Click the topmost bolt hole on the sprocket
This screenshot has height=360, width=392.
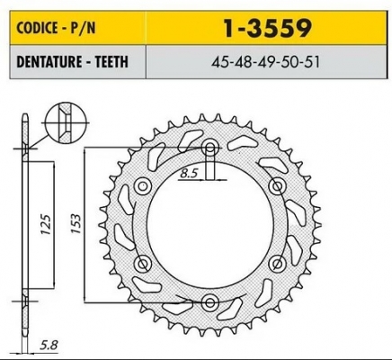209,148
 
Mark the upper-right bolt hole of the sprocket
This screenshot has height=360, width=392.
275,186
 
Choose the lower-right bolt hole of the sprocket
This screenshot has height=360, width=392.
275,262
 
